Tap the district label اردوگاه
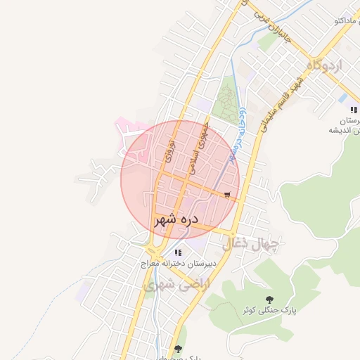tap(324, 66)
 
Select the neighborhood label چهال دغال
tap(251, 244)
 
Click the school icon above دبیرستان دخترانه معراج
tap(179, 252)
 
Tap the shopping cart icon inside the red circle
tap(227, 195)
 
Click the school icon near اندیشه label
tap(353, 110)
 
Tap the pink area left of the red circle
tap(129, 130)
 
